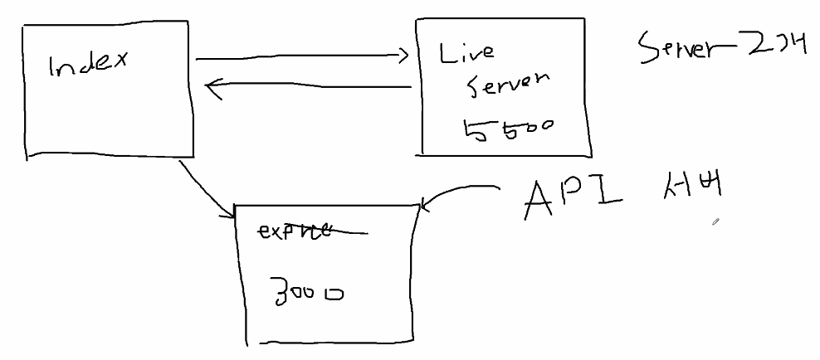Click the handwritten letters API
coord(574,199)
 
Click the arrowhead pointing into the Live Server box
coord(404,56)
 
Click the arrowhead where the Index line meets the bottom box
coord(229,215)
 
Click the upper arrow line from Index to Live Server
coord(299,58)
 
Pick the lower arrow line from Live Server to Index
coord(315,85)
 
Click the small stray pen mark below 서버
coord(714,222)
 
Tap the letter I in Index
coord(51,66)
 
